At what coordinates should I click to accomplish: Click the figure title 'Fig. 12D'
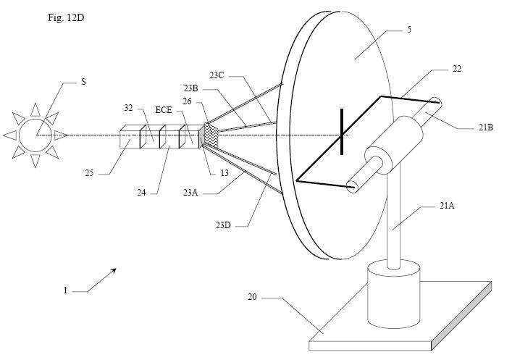66,17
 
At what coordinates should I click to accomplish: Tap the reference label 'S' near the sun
83,82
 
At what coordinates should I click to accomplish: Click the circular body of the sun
35,135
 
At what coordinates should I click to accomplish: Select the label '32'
128,108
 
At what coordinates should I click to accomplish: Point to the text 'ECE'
163,110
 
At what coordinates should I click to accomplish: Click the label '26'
187,101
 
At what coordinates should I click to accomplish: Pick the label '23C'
217,75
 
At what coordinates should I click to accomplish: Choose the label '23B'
190,88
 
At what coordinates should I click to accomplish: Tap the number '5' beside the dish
409,30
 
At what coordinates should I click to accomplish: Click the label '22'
457,69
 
